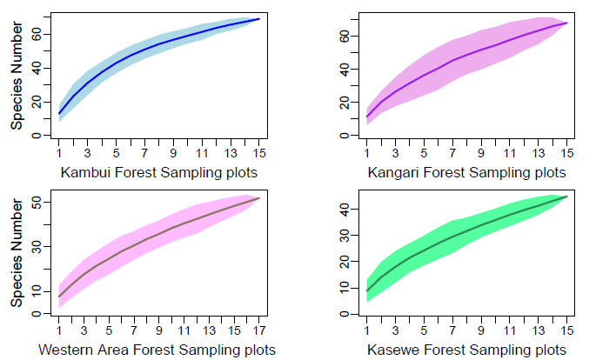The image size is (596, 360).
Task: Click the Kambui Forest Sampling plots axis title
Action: (x=159, y=171)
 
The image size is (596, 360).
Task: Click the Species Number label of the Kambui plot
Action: (x=17, y=77)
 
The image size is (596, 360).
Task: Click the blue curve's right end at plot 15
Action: (x=259, y=19)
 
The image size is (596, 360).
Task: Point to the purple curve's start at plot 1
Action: (x=369, y=117)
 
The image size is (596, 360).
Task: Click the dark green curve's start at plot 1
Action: (x=369, y=290)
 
